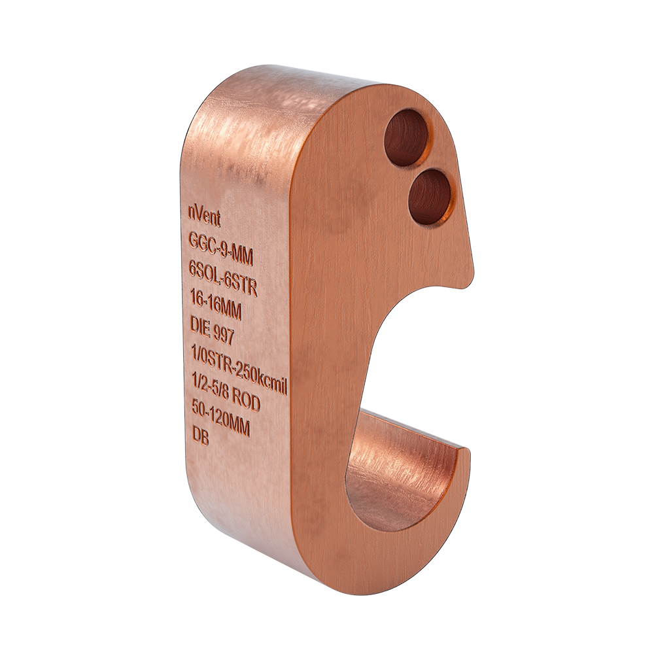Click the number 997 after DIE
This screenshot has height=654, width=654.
224,334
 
